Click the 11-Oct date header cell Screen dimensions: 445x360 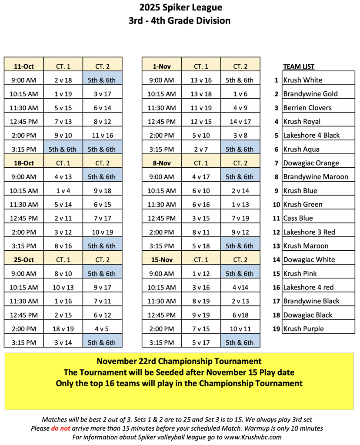click(x=24, y=66)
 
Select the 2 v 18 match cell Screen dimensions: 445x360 click(x=63, y=80)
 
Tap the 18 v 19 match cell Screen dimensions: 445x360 click(x=63, y=329)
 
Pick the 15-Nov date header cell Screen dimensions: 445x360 click(x=161, y=260)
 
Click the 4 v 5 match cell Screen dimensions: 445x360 click(x=102, y=329)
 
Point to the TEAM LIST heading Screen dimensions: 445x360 click(x=299, y=66)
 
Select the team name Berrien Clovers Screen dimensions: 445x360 click(x=307, y=108)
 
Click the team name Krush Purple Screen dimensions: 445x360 click(x=303, y=329)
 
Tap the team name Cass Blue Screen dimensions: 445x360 click(x=298, y=218)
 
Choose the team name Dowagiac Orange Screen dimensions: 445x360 click(x=311, y=163)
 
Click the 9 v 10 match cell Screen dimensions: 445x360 click(x=63, y=135)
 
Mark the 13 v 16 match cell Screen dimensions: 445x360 click(x=201, y=80)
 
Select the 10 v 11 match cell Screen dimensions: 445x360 click(x=240, y=329)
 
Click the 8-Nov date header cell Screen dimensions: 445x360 click(x=161, y=163)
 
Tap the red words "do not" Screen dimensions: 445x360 click(x=60, y=428)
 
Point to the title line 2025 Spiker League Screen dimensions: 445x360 click(x=180, y=7)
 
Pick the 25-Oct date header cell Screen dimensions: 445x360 click(x=24, y=260)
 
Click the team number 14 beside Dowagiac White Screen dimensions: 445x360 click(x=276, y=260)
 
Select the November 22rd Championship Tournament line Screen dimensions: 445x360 click(x=179, y=361)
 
